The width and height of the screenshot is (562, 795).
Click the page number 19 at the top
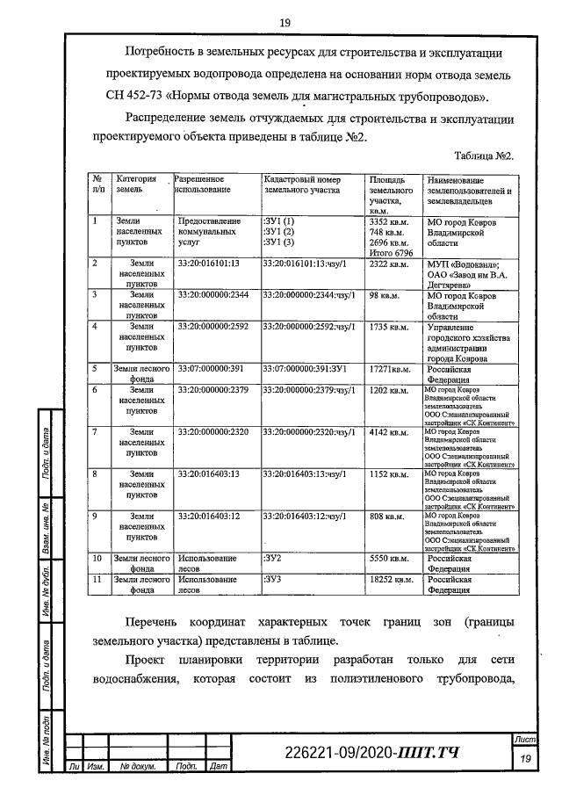pyautogui.click(x=285, y=22)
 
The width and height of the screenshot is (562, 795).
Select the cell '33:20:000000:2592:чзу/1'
pyautogui.click(x=309, y=327)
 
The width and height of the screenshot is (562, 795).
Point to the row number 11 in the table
pyautogui.click(x=98, y=581)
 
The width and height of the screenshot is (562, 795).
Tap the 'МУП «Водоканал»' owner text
pyautogui.click(x=462, y=264)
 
